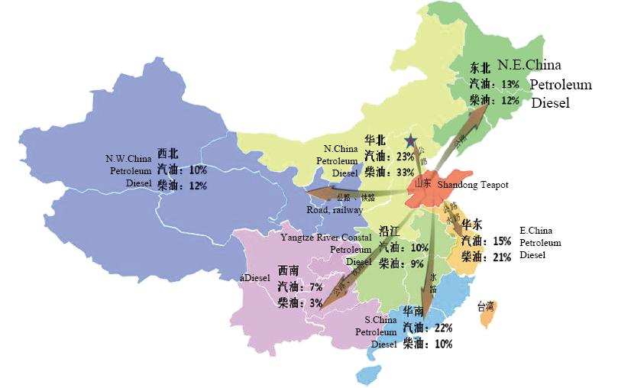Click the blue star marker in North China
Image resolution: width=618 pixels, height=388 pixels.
point(411,141)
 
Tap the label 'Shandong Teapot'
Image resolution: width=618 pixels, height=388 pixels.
point(474,185)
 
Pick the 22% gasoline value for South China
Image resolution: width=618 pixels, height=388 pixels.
point(442,327)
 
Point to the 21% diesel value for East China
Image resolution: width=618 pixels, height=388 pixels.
point(500,257)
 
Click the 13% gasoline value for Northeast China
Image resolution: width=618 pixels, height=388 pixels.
point(509,84)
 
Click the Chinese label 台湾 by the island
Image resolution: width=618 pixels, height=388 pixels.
point(486,307)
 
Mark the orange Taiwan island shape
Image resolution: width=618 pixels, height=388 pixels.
point(486,320)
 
